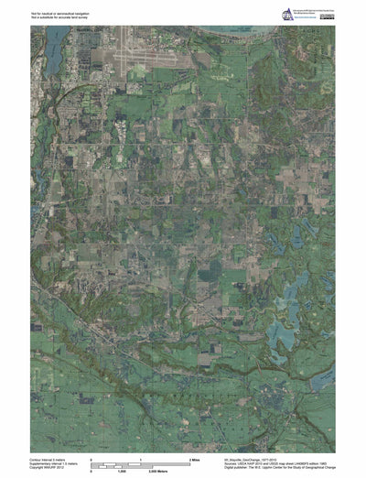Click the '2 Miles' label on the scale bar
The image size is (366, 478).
(194, 458)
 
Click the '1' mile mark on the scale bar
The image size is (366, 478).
(140, 458)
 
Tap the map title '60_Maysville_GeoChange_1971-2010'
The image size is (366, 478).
(252, 457)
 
